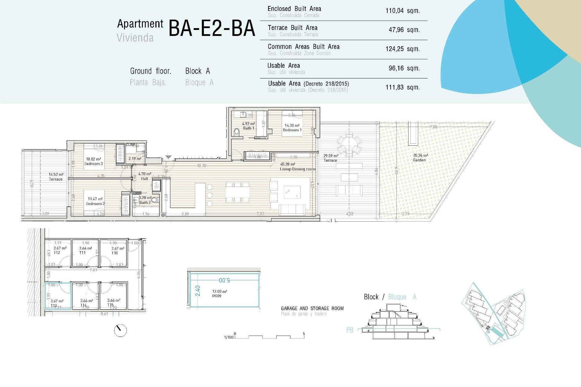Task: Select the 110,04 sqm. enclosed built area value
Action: click(x=402, y=11)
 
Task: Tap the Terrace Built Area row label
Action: click(x=292, y=28)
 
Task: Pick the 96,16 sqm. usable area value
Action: click(x=404, y=68)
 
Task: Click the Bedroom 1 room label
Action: click(x=292, y=130)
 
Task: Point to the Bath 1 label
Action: click(x=248, y=128)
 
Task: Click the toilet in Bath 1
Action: click(x=237, y=132)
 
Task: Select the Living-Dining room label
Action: click(x=297, y=169)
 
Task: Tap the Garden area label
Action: click(x=419, y=160)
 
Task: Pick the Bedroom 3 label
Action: click(x=94, y=164)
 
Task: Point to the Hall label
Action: click(x=145, y=178)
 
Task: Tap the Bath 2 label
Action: click(x=145, y=202)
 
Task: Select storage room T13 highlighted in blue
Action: click(x=58, y=296)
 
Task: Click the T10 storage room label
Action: click(x=115, y=253)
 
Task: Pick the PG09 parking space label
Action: click(x=217, y=296)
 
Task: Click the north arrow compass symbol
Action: click(x=120, y=330)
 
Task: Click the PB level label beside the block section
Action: click(x=350, y=330)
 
